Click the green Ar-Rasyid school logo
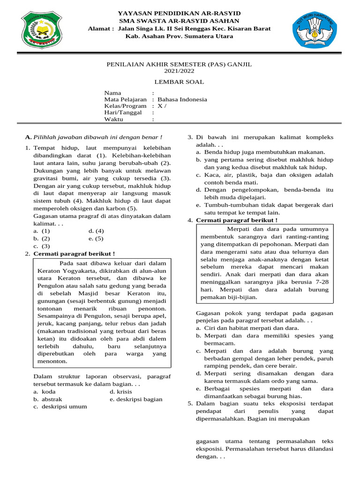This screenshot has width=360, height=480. [x=40, y=31]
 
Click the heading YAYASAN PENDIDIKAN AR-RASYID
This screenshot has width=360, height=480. [x=179, y=14]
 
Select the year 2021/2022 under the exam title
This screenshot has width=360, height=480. [x=179, y=71]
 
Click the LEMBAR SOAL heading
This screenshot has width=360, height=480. [x=180, y=82]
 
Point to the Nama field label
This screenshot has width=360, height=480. [x=112, y=93]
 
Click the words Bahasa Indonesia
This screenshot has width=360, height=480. [x=182, y=99]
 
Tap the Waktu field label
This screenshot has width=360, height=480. [x=113, y=120]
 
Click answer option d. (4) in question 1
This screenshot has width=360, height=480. [x=96, y=231]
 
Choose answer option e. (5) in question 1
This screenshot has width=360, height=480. [x=96, y=238]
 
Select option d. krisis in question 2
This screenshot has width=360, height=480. [x=121, y=391]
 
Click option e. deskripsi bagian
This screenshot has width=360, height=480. [x=136, y=399]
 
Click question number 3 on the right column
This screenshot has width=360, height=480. [x=190, y=137]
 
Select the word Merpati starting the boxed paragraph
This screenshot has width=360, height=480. [x=239, y=229]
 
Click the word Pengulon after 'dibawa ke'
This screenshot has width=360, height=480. [x=49, y=286]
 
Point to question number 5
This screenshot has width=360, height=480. [x=190, y=403]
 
